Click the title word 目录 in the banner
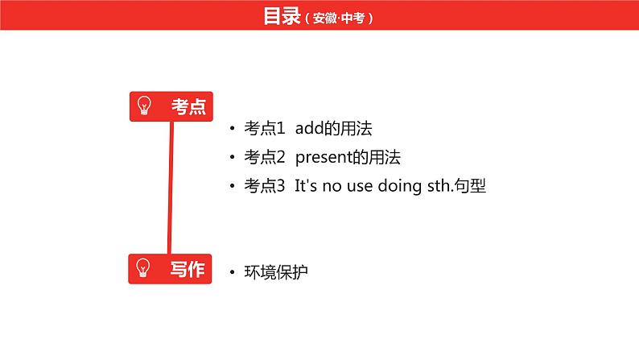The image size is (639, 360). pos(282,16)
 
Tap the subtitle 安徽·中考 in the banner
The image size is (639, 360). pos(339,18)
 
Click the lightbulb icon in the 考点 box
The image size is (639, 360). pos(144,106)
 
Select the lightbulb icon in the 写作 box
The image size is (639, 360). pos(143,268)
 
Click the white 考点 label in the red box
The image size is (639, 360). pos(188,107)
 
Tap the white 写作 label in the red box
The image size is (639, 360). pos(188,270)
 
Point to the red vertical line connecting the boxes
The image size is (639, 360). pos(171,188)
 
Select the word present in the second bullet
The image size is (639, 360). pos(324,158)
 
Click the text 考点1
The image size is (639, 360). pos(265,128)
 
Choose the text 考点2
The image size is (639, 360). pos(265,157)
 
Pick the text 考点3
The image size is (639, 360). pos(265,186)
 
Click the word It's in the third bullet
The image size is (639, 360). pos(306,186)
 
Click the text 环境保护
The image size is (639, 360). pos(276,272)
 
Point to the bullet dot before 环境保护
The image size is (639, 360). pos(233,272)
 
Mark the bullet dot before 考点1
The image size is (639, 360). pos(233,128)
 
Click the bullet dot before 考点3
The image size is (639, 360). pos(233,186)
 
